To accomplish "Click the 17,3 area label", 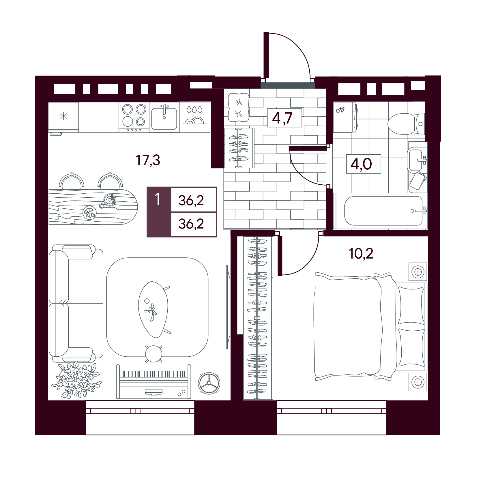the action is pyautogui.click(x=148, y=160).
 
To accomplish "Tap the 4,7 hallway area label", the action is pyautogui.click(x=282, y=118).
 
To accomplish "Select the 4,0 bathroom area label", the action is pyautogui.click(x=361, y=164).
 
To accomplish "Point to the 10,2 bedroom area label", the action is pyautogui.click(x=361, y=254).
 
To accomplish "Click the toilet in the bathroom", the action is pyautogui.click(x=406, y=124).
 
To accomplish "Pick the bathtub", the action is pyautogui.click(x=380, y=211).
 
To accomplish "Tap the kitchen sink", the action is pyautogui.click(x=164, y=117).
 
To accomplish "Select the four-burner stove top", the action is pyautogui.click(x=134, y=117).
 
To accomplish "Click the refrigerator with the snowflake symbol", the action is pyautogui.click(x=63, y=117).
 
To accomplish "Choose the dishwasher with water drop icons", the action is pyautogui.click(x=195, y=117).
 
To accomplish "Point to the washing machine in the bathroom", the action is pyautogui.click(x=345, y=117).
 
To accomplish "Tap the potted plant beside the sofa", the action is pyautogui.click(x=76, y=380).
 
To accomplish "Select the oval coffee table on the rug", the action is pyautogui.click(x=154, y=310).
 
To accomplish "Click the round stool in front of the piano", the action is pyautogui.click(x=154, y=353).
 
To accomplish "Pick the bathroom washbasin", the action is pyautogui.click(x=416, y=160).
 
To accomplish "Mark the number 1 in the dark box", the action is pyautogui.click(x=157, y=199).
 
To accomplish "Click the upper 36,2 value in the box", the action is pyautogui.click(x=191, y=200).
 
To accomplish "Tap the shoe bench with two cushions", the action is pyautogui.click(x=239, y=108).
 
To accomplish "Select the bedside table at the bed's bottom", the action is pyautogui.click(x=418, y=382).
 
